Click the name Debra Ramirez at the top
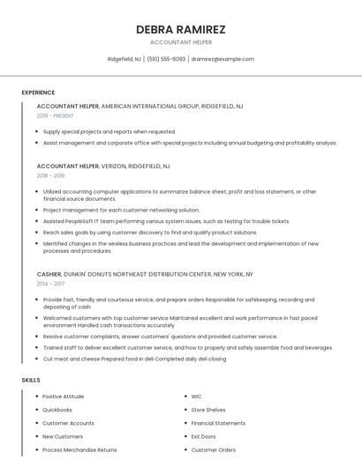point(180,29)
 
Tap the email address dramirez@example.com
point(222,59)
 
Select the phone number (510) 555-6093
point(166,59)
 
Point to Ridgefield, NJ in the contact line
point(124,59)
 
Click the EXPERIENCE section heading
point(38,93)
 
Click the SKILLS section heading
point(31,380)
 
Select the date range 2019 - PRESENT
point(55,115)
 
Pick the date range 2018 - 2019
point(50,175)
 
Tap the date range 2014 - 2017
point(50,284)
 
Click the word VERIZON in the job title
point(117,166)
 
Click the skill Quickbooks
point(57,410)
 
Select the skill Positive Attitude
point(64,397)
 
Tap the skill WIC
point(196,397)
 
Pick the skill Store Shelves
point(208,410)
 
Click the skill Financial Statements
point(218,423)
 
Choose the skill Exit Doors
point(203,436)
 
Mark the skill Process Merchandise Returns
point(79,449)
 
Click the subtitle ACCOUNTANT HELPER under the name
point(180,41)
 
